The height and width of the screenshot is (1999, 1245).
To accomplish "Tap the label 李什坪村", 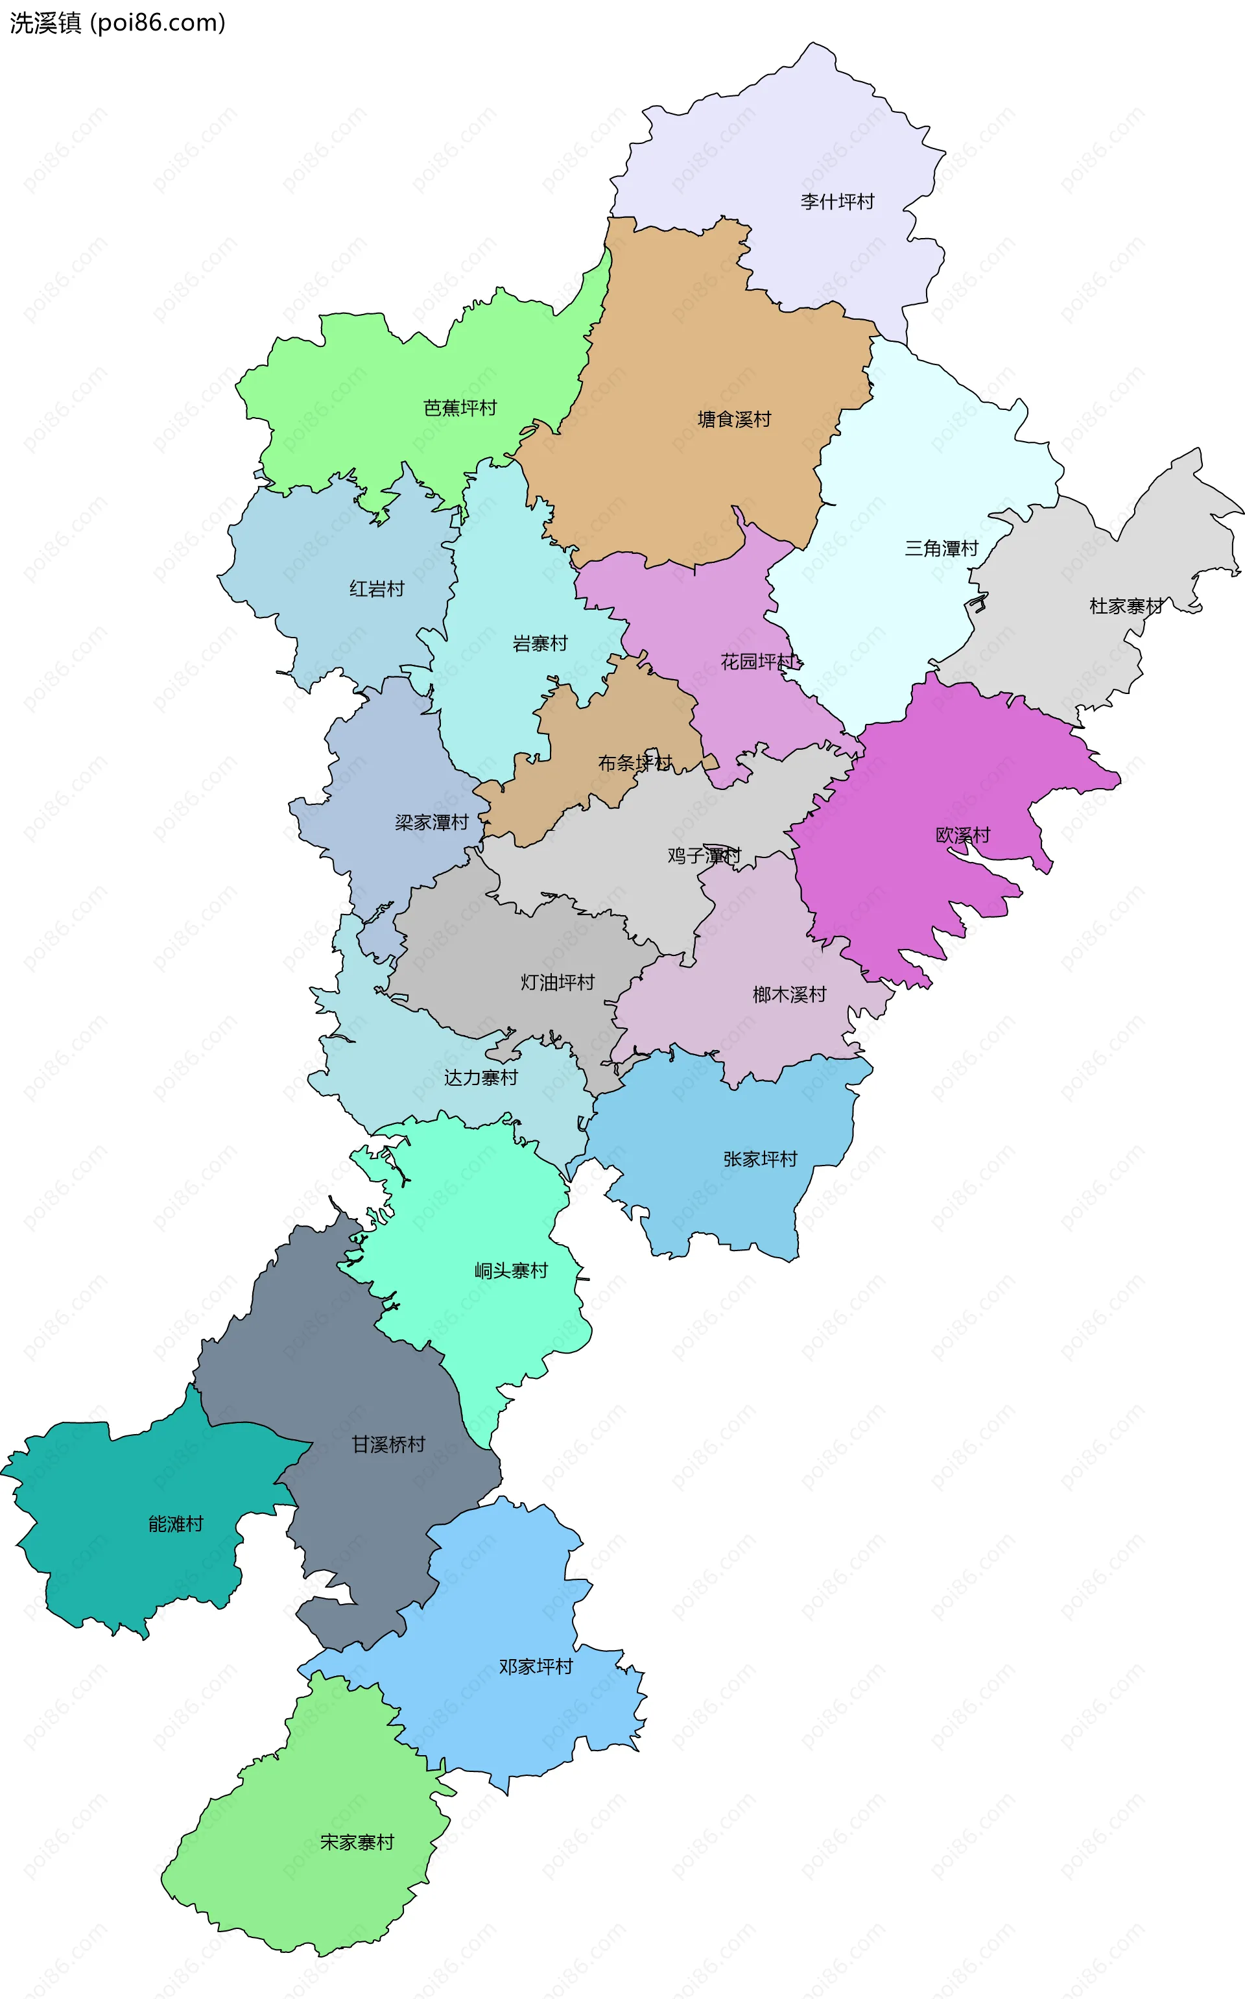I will point(836,202).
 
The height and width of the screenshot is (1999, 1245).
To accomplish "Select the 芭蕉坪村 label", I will point(460,408).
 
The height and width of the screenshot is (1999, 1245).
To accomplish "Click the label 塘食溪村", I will point(733,419).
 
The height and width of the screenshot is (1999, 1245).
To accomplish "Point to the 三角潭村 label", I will point(941,549).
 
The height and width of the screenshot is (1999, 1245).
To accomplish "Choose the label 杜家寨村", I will point(1126,606).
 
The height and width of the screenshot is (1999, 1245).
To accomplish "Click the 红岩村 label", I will point(376,589).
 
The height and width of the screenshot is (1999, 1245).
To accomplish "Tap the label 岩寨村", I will point(540,643).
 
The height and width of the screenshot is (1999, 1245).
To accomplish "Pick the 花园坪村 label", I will point(757,662).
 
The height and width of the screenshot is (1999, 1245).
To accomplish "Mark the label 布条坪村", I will point(635,763).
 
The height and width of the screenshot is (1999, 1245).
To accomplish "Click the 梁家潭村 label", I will point(431,822).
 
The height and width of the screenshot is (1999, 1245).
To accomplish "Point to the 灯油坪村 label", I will point(558,983).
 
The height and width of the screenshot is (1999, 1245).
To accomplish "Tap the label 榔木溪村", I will point(789,995).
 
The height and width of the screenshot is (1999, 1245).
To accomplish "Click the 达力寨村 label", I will point(481,1077).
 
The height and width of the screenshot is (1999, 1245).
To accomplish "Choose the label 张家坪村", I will point(760,1160).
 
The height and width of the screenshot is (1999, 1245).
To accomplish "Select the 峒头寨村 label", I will point(510,1271).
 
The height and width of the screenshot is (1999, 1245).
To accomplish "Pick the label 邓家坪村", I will point(535,1667).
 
